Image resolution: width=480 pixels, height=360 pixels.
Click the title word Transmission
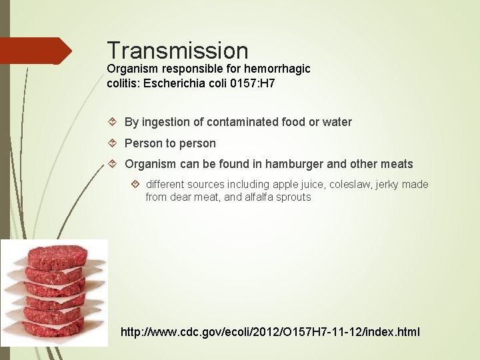coord(177,51)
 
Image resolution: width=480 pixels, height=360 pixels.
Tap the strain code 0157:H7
coord(251,84)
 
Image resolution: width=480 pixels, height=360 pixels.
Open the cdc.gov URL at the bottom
coord(270,332)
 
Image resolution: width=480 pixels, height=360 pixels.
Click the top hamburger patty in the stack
coord(57,255)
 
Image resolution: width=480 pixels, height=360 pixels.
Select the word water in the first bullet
coord(337,122)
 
